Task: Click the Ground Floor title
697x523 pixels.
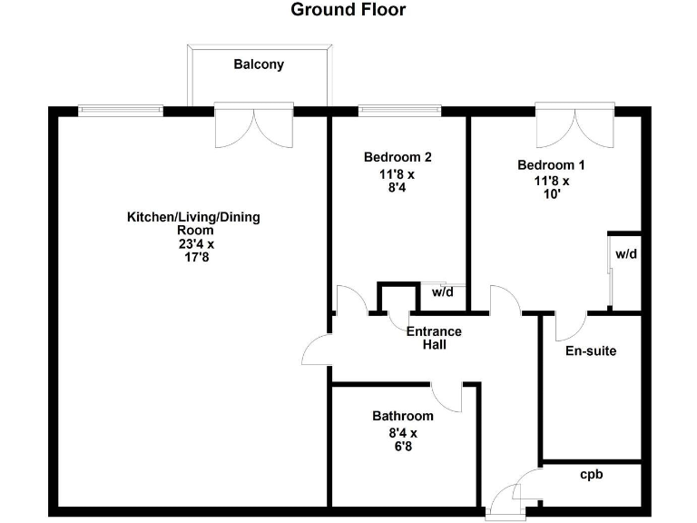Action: click(348, 10)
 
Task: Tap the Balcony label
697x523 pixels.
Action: click(259, 64)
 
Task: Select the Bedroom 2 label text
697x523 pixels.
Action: click(397, 156)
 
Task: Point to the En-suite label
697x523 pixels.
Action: click(591, 350)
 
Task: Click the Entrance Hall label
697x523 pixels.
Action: click(434, 338)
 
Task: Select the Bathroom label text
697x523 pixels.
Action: click(402, 416)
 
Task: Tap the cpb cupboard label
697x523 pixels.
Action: click(592, 474)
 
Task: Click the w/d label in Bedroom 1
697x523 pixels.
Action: click(626, 254)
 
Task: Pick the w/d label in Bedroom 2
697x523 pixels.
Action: click(442, 292)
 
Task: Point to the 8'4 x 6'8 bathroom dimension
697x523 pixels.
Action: click(402, 439)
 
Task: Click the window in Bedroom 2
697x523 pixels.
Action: click(400, 111)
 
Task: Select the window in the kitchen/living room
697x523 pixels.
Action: click(121, 111)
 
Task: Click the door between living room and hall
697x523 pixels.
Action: click(319, 350)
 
